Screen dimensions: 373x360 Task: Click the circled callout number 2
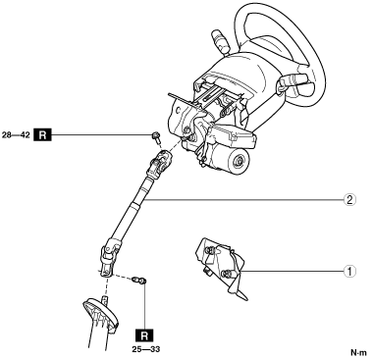349,199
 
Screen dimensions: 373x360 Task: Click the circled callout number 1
349,271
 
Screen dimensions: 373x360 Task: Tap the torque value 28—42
16,134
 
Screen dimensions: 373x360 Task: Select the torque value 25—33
146,349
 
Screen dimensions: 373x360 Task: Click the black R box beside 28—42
43,134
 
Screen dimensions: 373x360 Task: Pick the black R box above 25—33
144,335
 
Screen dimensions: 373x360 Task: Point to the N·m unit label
358,353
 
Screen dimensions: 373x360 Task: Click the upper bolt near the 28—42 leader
156,137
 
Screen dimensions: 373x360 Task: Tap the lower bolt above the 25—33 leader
139,281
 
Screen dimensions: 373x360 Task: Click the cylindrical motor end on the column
237,160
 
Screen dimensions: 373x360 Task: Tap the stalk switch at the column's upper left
220,40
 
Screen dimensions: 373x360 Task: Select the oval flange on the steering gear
100,315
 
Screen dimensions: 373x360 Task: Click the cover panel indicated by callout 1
222,266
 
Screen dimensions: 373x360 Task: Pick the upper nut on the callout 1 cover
210,251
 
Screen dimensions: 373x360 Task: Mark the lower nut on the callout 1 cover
225,274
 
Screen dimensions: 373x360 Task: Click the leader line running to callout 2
243,199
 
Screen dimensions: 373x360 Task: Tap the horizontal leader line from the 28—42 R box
101,134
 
